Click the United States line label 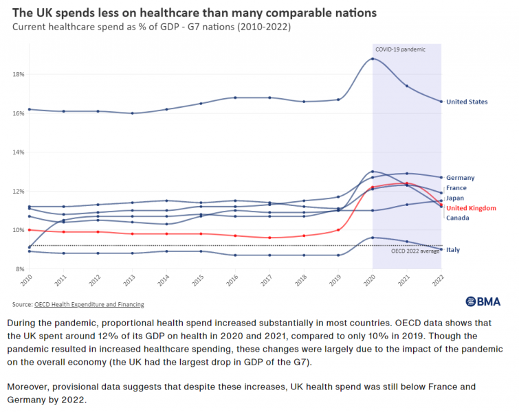click(x=467, y=102)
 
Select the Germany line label click(x=460, y=178)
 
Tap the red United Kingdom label click(x=471, y=208)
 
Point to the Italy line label click(x=453, y=250)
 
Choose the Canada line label click(x=458, y=218)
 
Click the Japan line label click(x=455, y=198)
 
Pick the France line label click(x=456, y=187)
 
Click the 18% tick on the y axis click(x=18, y=74)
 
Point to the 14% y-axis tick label click(x=18, y=152)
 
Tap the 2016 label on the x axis click(x=234, y=283)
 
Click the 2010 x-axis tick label click(x=28, y=283)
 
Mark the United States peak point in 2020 click(x=373, y=58)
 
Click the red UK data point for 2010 click(x=28, y=229)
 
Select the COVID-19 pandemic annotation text click(x=400, y=49)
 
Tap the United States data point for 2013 click(x=132, y=113)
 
